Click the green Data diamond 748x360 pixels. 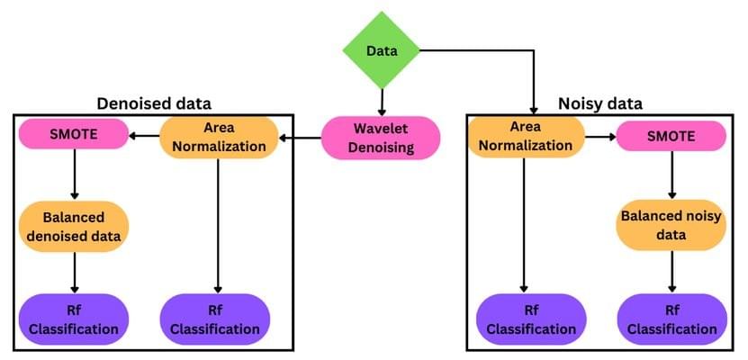coord(382,50)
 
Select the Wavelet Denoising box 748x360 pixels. coord(381,138)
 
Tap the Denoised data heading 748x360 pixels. coord(154,103)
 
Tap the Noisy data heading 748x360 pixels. coord(600,103)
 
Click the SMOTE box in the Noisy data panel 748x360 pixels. coord(671,137)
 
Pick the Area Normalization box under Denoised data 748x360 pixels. coord(219,137)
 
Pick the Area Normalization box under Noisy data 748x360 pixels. coord(525,137)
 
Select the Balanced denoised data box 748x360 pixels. coord(74,226)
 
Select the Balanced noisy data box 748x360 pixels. coord(671,225)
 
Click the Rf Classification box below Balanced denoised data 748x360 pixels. coord(74,319)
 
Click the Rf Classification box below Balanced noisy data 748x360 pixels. coord(671,319)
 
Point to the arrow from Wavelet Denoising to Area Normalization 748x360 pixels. coord(300,138)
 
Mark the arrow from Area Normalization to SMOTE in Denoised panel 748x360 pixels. coord(143,137)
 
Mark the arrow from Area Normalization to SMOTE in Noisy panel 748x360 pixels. coord(599,137)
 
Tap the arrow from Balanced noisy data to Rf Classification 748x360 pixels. coord(671,272)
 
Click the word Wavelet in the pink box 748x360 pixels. coord(381,129)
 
